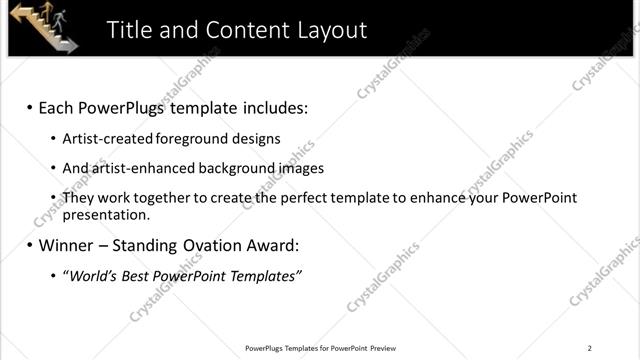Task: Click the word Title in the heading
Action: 130,30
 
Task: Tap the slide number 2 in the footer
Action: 590,348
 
